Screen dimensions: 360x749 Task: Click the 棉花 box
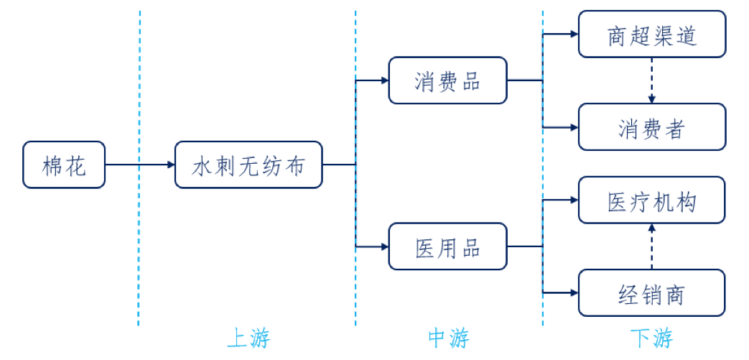point(64,165)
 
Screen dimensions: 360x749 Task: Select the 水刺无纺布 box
point(248,165)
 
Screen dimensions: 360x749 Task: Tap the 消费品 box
point(447,80)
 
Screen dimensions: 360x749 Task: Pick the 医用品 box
point(447,246)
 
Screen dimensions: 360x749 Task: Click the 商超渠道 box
point(651,34)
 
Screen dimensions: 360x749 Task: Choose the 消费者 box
point(651,127)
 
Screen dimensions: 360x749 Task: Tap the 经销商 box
point(651,292)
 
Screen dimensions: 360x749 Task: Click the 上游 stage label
point(248,338)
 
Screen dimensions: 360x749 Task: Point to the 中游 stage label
point(448,338)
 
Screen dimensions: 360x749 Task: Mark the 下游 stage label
point(651,338)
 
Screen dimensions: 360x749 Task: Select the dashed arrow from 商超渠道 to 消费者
point(651,80)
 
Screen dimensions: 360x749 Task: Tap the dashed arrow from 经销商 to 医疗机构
point(651,246)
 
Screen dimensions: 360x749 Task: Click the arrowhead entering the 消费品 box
point(383,80)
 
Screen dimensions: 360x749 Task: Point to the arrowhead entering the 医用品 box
point(383,246)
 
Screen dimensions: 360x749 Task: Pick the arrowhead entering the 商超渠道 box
point(574,34)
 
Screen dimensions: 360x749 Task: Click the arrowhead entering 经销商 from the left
point(574,292)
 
